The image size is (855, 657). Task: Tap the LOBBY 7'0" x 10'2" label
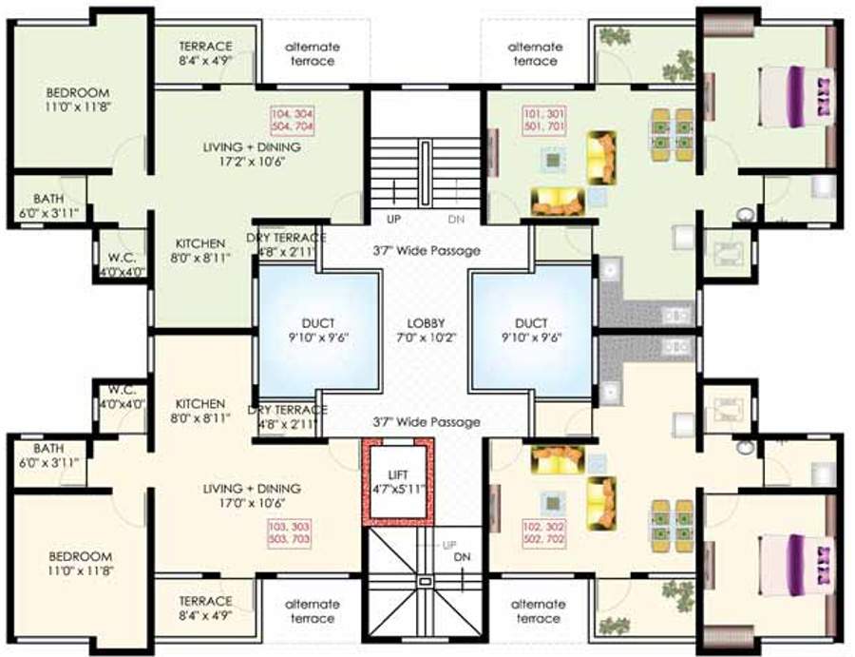(426, 330)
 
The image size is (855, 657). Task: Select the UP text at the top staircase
(393, 219)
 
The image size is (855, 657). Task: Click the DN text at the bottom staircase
(462, 557)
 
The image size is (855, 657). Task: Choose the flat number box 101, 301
(544, 121)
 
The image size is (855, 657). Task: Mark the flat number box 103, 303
(290, 533)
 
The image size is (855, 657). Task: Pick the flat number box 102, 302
(543, 533)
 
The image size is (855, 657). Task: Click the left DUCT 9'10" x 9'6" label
(318, 330)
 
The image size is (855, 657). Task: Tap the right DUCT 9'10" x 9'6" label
(532, 330)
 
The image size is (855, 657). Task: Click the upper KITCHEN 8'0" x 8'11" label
(200, 250)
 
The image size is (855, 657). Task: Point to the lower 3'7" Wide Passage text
(427, 422)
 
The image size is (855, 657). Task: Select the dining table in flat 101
(672, 135)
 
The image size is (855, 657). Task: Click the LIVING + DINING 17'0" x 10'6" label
(252, 495)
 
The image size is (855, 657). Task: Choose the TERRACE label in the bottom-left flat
(205, 608)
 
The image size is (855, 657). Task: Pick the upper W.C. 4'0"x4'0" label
(123, 264)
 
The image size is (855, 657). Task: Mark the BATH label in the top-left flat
(48, 205)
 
